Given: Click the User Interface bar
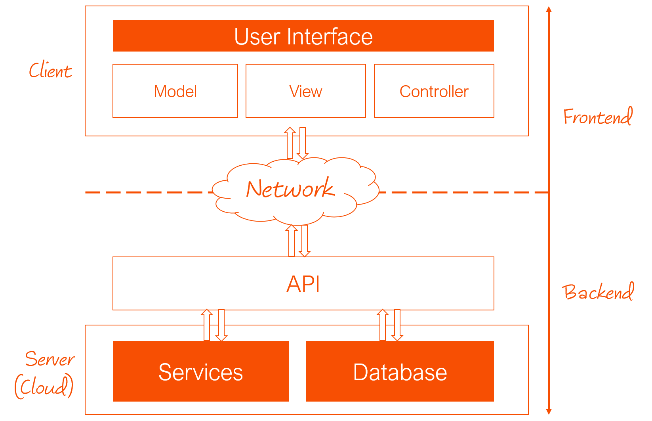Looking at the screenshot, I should [x=303, y=36].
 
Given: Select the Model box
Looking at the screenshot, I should [x=175, y=91].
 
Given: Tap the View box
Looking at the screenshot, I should [x=305, y=91].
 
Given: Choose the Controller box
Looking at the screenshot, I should [x=434, y=91].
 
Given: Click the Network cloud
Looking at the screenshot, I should [x=291, y=189].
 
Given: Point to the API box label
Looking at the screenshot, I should [x=303, y=284].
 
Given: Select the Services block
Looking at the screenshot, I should [x=200, y=371].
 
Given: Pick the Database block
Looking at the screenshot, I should [x=400, y=371].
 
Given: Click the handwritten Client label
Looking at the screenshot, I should [x=50, y=71].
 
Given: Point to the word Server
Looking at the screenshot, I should [x=50, y=359].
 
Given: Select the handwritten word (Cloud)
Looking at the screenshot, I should [x=44, y=387].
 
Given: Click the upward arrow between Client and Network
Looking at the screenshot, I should [x=290, y=143].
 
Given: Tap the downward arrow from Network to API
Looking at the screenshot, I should [x=305, y=241].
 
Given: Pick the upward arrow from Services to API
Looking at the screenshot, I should [x=207, y=325].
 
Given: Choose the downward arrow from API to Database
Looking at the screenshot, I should [x=397, y=325].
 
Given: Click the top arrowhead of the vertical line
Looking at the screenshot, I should [x=549, y=10].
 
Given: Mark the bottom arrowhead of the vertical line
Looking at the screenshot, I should [x=549, y=411].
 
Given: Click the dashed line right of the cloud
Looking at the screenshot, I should [x=463, y=192].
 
